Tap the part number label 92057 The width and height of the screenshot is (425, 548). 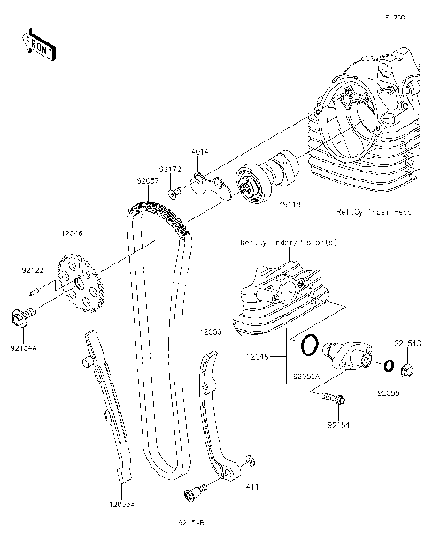(x=147, y=180)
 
